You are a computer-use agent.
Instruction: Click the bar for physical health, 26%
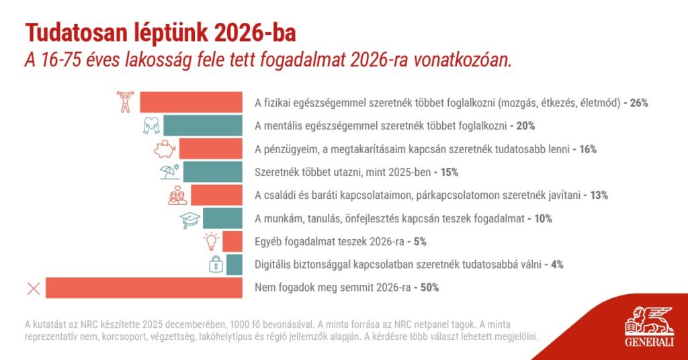pyautogui.click(x=191, y=102)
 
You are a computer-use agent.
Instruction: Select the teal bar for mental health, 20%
pyautogui.click(x=202, y=125)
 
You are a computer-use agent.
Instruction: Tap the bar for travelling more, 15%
pyautogui.click(x=212, y=172)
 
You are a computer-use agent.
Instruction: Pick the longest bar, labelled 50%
pyautogui.click(x=144, y=288)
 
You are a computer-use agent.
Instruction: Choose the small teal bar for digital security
pyautogui.click(x=234, y=265)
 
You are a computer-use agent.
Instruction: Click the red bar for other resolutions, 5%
pyautogui.click(x=232, y=241)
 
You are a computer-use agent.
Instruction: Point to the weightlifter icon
pyautogui.click(x=125, y=101)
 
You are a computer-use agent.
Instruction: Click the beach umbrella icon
pyautogui.click(x=169, y=172)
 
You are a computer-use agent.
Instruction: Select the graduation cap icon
pyautogui.click(x=191, y=218)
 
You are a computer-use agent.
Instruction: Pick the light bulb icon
pyautogui.click(x=212, y=241)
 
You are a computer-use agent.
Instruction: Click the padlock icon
pyautogui.click(x=216, y=264)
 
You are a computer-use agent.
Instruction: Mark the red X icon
pyautogui.click(x=33, y=289)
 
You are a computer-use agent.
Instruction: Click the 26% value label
pyautogui.click(x=639, y=103)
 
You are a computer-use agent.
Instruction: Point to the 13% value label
pyautogui.click(x=599, y=195)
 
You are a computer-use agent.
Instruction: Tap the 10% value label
pyautogui.click(x=544, y=218)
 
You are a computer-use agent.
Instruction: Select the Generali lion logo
pyautogui.click(x=648, y=321)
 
